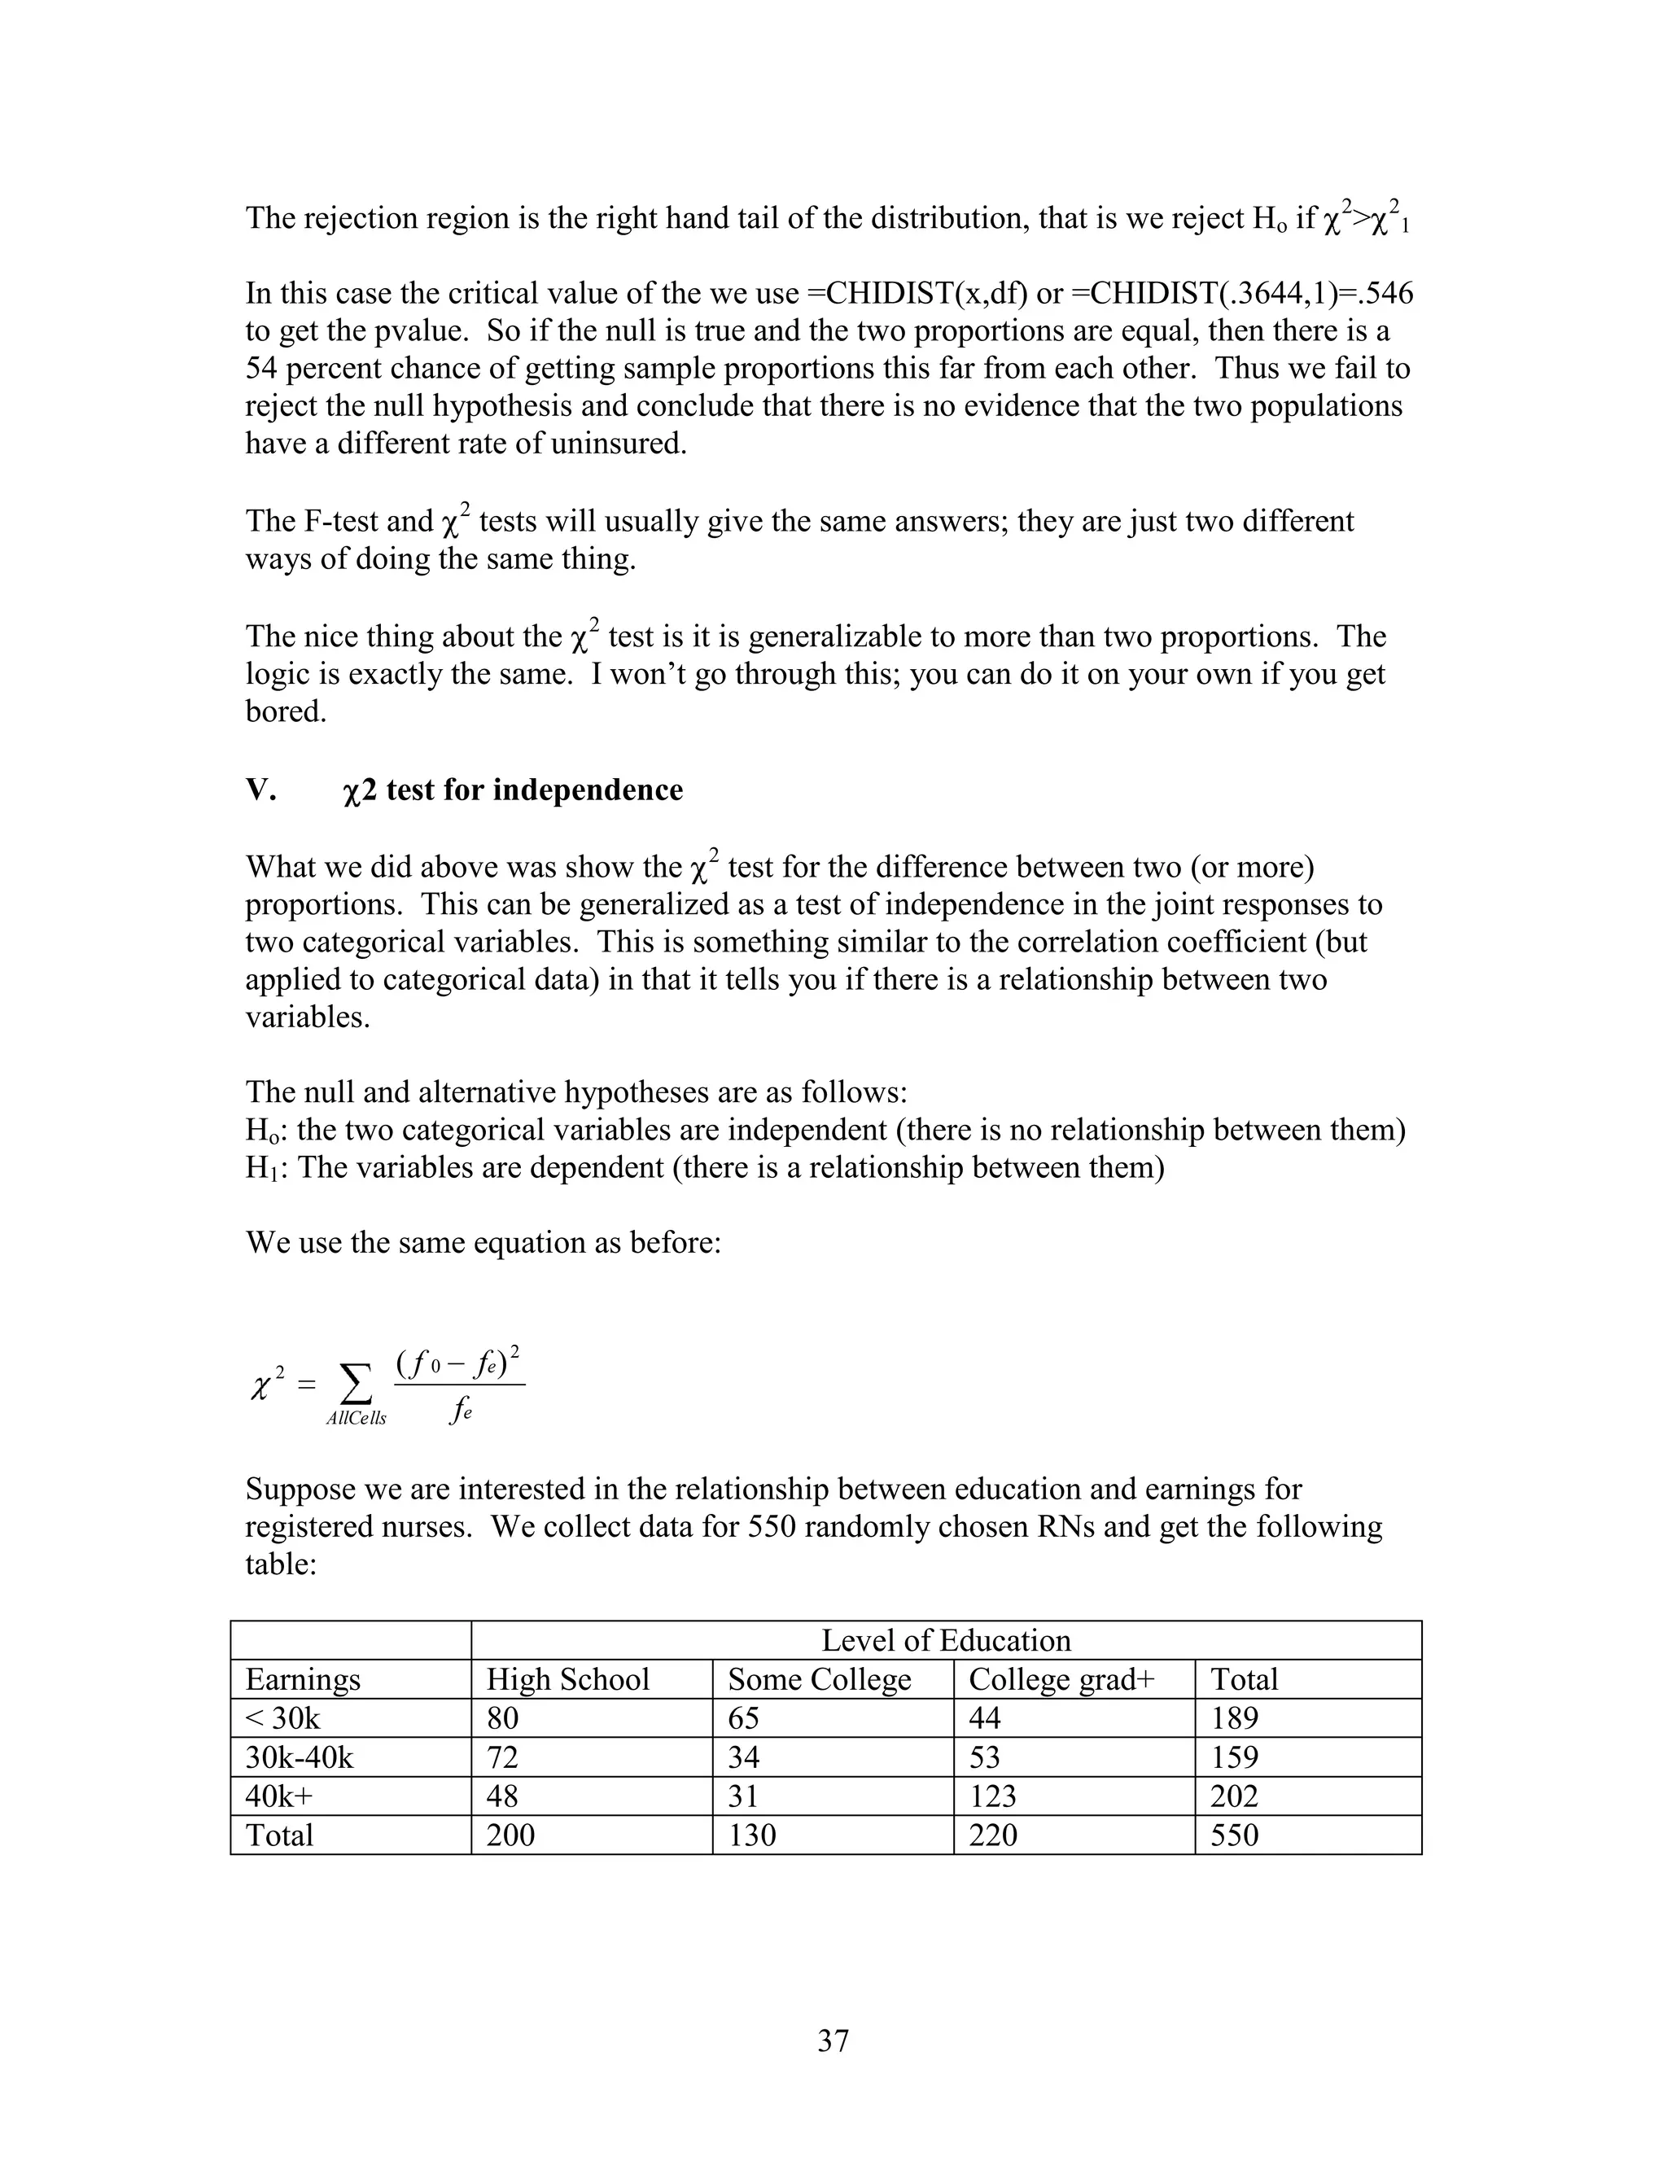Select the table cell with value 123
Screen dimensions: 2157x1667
pos(991,1796)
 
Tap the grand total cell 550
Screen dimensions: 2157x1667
pos(1235,1835)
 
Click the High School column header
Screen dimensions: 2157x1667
pos(568,1680)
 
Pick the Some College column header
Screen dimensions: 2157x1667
pos(819,1680)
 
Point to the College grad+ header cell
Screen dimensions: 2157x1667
pos(1061,1680)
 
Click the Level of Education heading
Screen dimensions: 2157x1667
pos(946,1640)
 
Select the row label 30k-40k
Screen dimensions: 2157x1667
pos(300,1758)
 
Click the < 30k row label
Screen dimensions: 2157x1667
pos(282,1718)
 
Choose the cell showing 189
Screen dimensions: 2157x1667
pos(1235,1718)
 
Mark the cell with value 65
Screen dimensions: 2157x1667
pos(744,1718)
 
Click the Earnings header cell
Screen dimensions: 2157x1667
pos(303,1680)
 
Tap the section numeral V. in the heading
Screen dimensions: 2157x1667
pos(260,790)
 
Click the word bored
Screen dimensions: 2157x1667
pos(286,711)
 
